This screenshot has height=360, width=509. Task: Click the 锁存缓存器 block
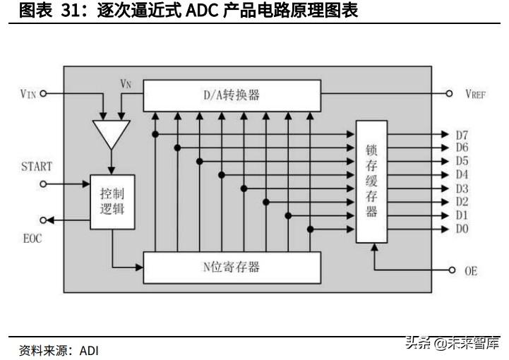tap(372, 181)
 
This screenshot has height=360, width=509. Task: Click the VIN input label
tap(27, 94)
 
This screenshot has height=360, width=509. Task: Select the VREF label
tap(475, 94)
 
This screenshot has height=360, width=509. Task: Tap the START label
tap(37, 167)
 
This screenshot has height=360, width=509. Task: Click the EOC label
tap(31, 239)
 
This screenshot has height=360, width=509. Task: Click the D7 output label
tap(462, 135)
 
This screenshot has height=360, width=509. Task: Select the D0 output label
tap(462, 229)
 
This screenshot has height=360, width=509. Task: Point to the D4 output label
tap(462, 175)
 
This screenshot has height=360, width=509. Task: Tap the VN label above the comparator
tap(126, 83)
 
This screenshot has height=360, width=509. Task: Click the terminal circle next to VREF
tap(449, 94)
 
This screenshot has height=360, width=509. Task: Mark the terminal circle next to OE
tap(452, 270)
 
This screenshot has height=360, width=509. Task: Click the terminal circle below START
tap(43, 184)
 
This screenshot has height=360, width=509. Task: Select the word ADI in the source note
tap(89, 350)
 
